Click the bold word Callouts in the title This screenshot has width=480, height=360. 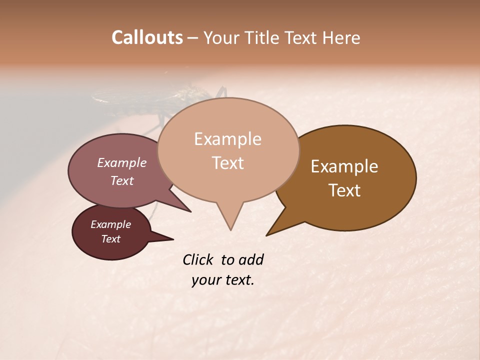pyautogui.click(x=147, y=37)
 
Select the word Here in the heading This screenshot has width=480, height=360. pyautogui.click(x=342, y=37)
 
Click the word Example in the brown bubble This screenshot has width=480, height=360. pyautogui.click(x=344, y=166)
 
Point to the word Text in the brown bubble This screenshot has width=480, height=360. pyautogui.click(x=344, y=190)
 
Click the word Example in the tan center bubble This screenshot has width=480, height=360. pyautogui.click(x=227, y=139)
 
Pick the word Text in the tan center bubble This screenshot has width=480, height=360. pyautogui.click(x=227, y=163)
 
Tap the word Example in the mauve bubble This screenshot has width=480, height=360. pyautogui.click(x=122, y=162)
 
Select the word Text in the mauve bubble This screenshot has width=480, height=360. pyautogui.click(x=122, y=180)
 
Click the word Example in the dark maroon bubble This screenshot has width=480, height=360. pyautogui.click(x=111, y=224)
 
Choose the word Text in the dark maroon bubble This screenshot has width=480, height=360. pyautogui.click(x=111, y=239)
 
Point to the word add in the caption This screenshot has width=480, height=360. pyautogui.click(x=251, y=259)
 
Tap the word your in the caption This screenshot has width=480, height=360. pyautogui.click(x=206, y=280)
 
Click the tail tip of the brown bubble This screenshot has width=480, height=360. pyautogui.click(x=266, y=235)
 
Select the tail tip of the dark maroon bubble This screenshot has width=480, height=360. pyautogui.click(x=173, y=239)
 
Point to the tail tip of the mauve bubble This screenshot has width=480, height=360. pyautogui.click(x=190, y=211)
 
